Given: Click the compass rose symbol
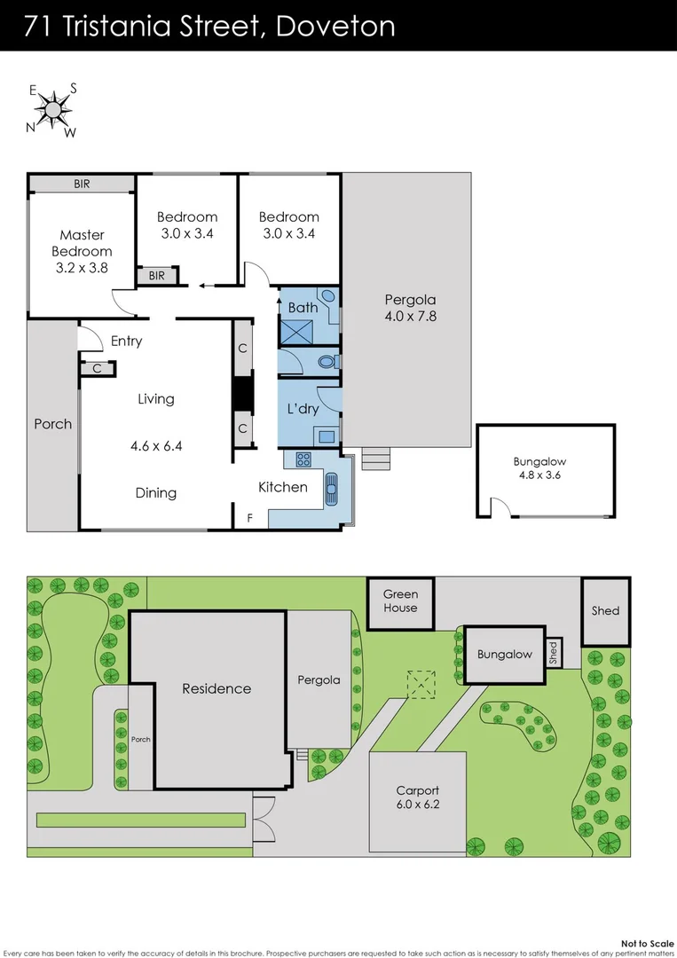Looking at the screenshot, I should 54,110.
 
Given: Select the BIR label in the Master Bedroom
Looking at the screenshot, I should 81,185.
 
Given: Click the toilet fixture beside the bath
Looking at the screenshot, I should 326,362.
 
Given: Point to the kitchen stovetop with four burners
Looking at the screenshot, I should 303,459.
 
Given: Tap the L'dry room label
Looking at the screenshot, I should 303,409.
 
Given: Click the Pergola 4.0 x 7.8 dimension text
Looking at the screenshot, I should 409,316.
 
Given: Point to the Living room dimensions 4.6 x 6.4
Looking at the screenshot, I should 155,446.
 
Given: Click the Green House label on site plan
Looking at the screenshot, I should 400,601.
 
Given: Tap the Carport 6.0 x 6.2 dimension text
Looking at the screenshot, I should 418,806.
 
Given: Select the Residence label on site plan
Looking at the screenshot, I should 216,688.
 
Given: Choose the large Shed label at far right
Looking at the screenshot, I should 605,610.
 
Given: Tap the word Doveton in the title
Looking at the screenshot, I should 336,26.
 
